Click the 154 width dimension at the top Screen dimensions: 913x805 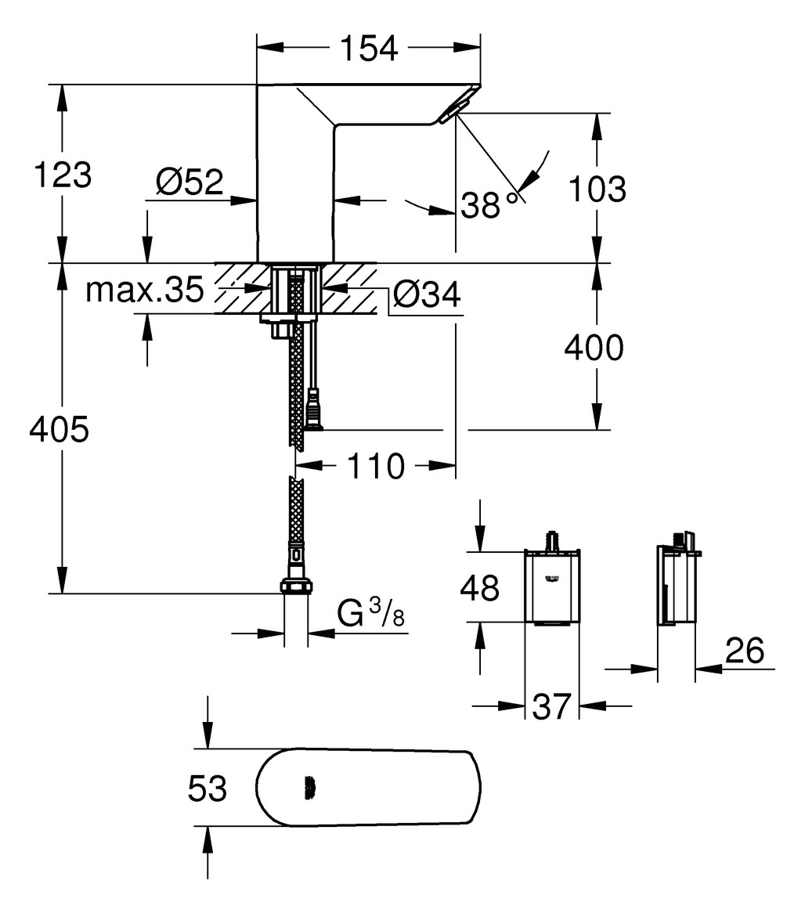[x=369, y=49]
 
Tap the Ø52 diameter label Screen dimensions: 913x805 [x=190, y=182]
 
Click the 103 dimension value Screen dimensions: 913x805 [x=595, y=189]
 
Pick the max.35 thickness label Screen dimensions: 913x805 [x=145, y=290]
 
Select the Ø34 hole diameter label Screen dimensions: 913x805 [x=426, y=295]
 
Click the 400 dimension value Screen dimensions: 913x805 [x=594, y=348]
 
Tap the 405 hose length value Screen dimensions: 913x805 [x=59, y=430]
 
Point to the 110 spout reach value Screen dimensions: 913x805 [x=376, y=467]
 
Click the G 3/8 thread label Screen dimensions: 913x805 [x=371, y=615]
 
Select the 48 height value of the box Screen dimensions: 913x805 [x=478, y=587]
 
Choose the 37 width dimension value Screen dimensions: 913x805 [x=552, y=707]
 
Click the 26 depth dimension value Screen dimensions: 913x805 [x=744, y=651]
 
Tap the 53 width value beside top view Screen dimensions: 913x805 [x=208, y=788]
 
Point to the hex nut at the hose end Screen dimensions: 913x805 [x=296, y=586]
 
